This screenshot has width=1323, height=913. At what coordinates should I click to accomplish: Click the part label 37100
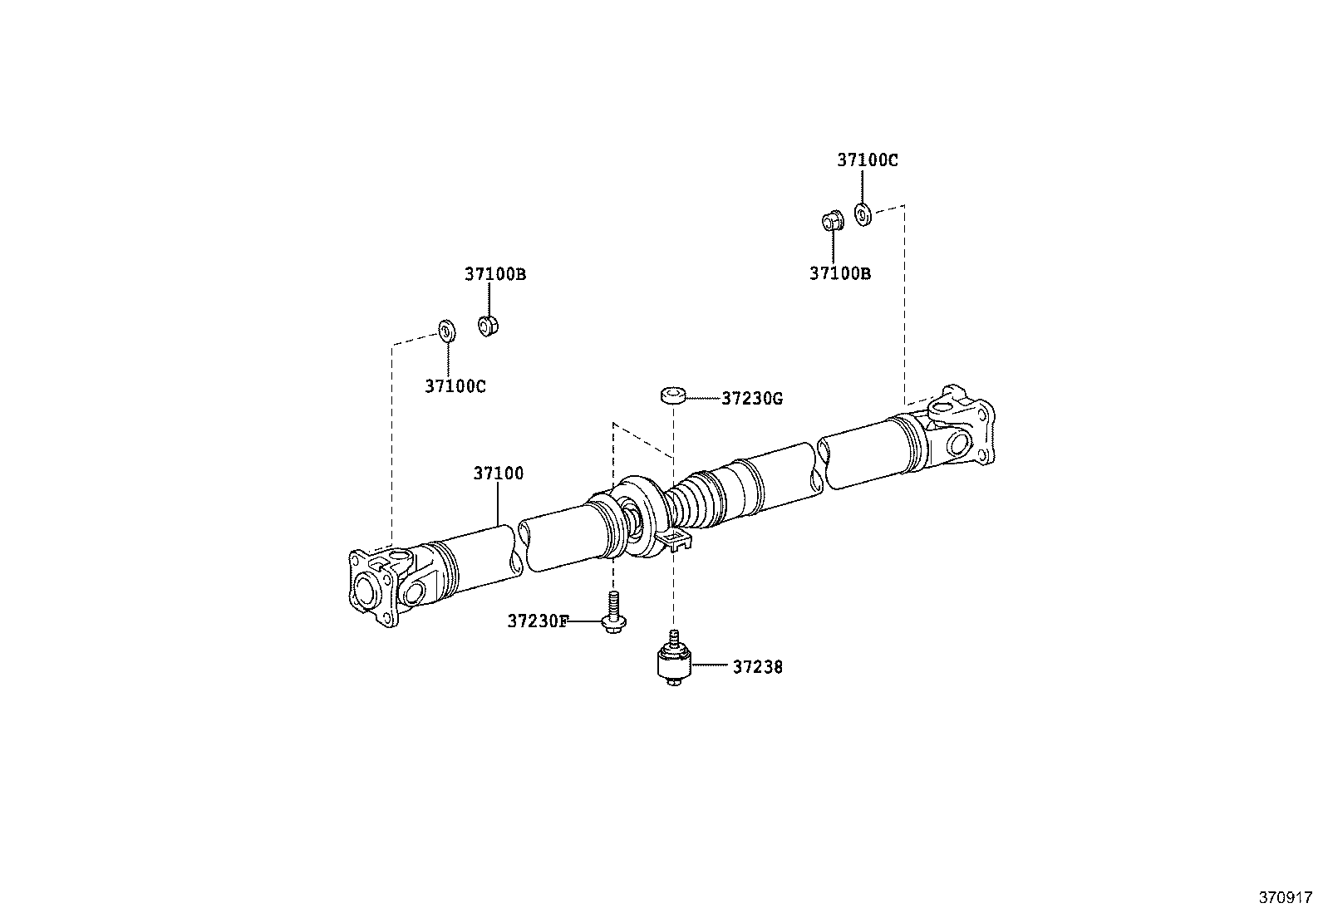click(x=499, y=474)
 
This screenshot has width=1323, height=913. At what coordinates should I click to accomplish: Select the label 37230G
click(x=751, y=399)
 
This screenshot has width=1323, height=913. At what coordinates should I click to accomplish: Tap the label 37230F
click(x=538, y=621)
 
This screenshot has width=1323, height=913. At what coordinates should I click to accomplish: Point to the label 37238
click(x=757, y=666)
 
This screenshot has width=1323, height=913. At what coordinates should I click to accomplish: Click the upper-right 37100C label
click(x=867, y=160)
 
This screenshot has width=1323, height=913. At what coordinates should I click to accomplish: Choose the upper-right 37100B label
click(x=840, y=273)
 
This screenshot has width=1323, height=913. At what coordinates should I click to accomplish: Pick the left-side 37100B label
click(x=494, y=274)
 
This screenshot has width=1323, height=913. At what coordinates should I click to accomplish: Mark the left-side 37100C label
click(x=455, y=385)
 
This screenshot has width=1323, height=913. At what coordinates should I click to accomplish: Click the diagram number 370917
click(x=1284, y=897)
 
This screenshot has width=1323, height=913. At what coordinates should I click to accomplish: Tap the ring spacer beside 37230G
click(x=673, y=395)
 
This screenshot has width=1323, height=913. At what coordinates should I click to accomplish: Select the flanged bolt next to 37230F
click(x=612, y=615)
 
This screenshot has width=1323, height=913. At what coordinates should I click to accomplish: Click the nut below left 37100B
click(x=487, y=325)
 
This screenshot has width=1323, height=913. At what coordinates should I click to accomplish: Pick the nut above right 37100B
click(x=832, y=221)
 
